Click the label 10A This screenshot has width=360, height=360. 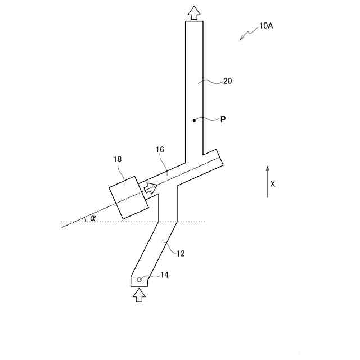click(x=266, y=26)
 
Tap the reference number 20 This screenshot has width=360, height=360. click(x=227, y=81)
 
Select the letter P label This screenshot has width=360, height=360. click(x=223, y=120)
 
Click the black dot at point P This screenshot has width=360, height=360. click(x=194, y=120)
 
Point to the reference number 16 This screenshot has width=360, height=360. click(x=160, y=150)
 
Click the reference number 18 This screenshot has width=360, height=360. click(x=118, y=160)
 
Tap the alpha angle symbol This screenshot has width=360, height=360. click(x=93, y=218)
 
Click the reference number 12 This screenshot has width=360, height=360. click(x=181, y=254)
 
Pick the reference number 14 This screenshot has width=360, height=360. click(x=164, y=275)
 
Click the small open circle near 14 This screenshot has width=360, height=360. click(x=139, y=280)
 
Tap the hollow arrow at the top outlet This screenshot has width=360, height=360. click(x=194, y=12)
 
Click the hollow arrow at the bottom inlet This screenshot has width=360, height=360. click(x=139, y=295)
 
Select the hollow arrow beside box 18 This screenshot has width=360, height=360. click(x=150, y=188)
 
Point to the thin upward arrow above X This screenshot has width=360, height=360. click(x=268, y=181)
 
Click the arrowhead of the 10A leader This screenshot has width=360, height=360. click(x=241, y=39)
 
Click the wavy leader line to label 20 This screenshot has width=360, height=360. click(x=212, y=82)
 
